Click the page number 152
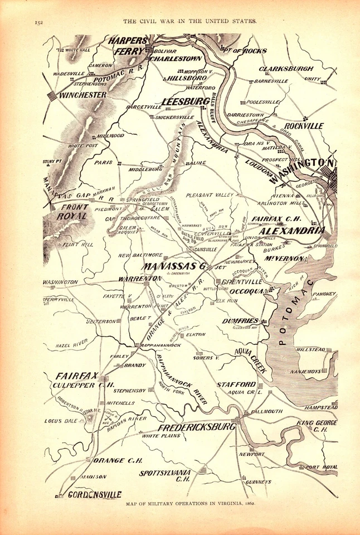pyautogui.click(x=38, y=22)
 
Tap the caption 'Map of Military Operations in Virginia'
pyautogui.click(x=191, y=504)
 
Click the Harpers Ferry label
pyautogui.click(x=129, y=46)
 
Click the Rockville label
pyautogui.click(x=303, y=126)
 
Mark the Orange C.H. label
pyautogui.click(x=119, y=461)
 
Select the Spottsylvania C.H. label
pyautogui.click(x=166, y=475)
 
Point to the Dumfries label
pyautogui.click(x=240, y=321)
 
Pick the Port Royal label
pyautogui.click(x=322, y=467)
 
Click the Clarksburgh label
pyautogui.click(x=286, y=69)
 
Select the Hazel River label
pyautogui.click(x=72, y=346)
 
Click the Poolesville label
pyautogui.click(x=263, y=103)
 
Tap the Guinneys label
pyautogui.click(x=258, y=481)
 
